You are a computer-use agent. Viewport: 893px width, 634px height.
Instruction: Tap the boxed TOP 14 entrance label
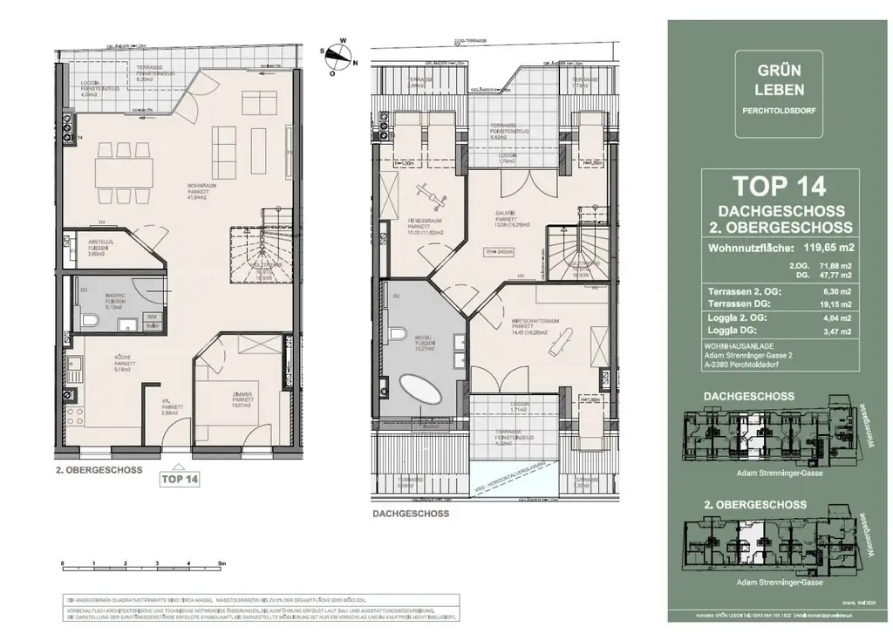(179, 478)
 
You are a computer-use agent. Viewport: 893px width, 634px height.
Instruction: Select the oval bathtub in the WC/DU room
(422, 389)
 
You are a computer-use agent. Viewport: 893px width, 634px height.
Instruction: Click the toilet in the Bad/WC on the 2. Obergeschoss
(87, 322)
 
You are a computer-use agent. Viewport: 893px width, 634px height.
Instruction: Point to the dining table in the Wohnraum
(126, 164)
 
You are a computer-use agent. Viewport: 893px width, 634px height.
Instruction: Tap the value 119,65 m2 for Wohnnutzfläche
(825, 247)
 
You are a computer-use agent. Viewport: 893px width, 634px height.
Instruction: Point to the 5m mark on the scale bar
(222, 563)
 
